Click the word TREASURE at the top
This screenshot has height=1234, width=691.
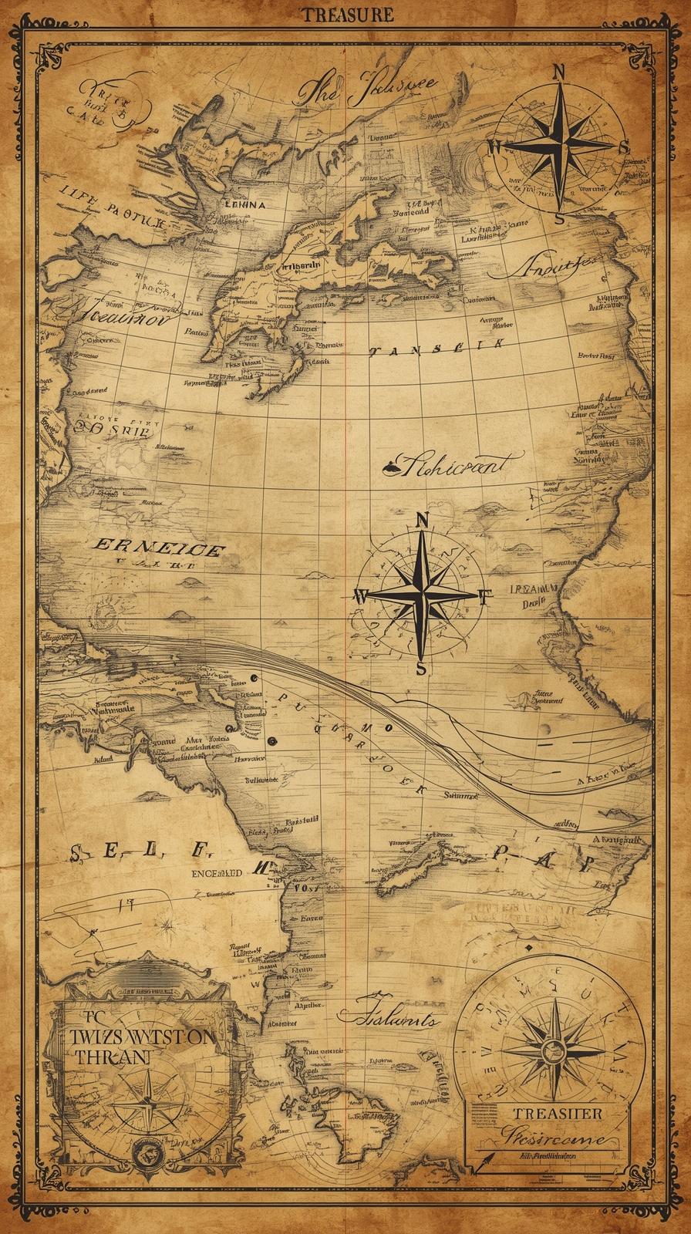coord(346,14)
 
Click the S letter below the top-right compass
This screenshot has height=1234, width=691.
coord(561,218)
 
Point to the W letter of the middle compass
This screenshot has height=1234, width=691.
coord(360,595)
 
